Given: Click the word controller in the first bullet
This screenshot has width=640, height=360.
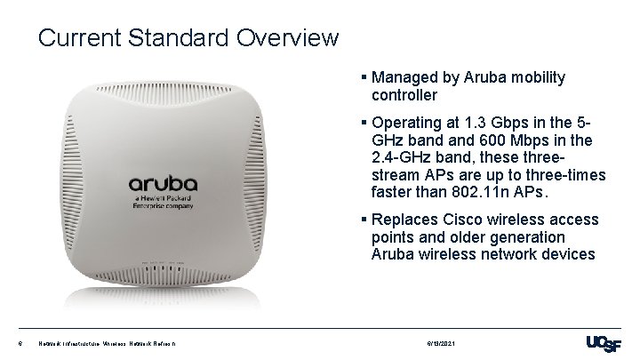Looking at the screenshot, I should tap(404, 94).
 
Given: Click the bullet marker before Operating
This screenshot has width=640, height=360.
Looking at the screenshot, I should tap(364, 122).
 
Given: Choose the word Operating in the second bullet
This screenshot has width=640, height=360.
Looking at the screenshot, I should tap(407, 122).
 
